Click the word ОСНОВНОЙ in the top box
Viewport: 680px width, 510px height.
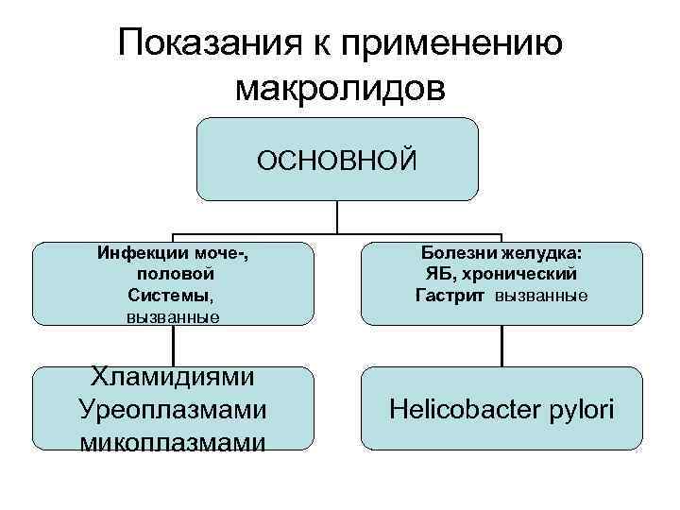[337, 160]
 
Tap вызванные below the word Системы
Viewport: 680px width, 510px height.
[173, 316]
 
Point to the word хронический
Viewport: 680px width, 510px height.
[519, 274]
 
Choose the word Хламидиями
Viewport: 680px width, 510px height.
[173, 377]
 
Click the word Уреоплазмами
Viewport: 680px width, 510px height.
[173, 410]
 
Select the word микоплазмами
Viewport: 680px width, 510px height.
[173, 441]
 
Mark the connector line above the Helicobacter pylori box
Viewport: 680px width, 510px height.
[502, 346]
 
